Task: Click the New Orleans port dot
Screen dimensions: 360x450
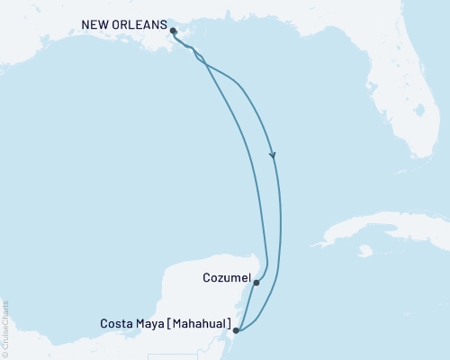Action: pyautogui.click(x=173, y=30)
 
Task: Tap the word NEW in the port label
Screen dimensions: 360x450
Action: pyautogui.click(x=96, y=25)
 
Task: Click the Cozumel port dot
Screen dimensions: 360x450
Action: pyautogui.click(x=256, y=283)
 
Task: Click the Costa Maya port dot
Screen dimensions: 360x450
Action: pyautogui.click(x=236, y=330)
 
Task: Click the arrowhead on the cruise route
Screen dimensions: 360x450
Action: pyautogui.click(x=273, y=156)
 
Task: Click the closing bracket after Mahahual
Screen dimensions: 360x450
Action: pyautogui.click(x=231, y=323)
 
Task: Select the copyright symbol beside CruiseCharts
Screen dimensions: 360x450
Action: pyautogui.click(x=5, y=355)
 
